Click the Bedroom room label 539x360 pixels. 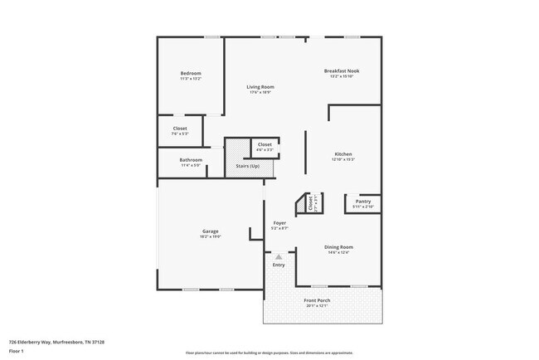[x=191, y=74]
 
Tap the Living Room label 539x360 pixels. [x=260, y=86]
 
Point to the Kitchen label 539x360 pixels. [x=343, y=154]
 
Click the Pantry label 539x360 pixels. [x=362, y=201]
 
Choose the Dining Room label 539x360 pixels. [x=338, y=247]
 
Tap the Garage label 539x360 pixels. [x=210, y=231]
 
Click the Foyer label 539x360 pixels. [x=280, y=222]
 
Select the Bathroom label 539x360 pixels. [x=191, y=160]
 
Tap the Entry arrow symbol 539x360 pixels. [x=279, y=257]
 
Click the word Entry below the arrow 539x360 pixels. [x=279, y=265]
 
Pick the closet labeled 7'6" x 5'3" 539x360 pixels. [x=180, y=133]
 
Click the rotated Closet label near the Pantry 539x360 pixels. [x=311, y=202]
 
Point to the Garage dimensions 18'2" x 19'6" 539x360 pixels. [x=210, y=236]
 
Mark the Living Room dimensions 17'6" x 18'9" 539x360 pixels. [x=260, y=92]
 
